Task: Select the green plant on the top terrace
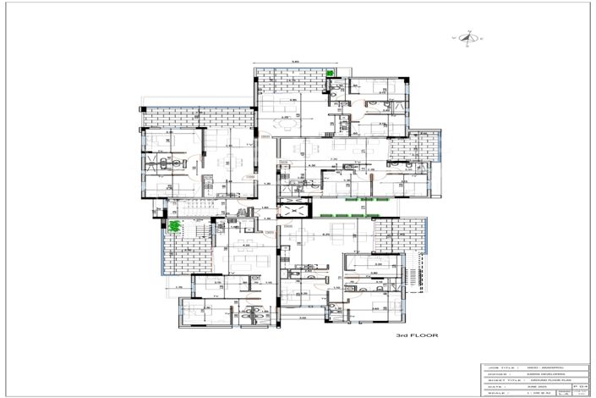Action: [x=331, y=74]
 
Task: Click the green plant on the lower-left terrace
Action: [x=176, y=227]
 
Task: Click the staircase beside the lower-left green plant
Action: [x=196, y=226]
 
